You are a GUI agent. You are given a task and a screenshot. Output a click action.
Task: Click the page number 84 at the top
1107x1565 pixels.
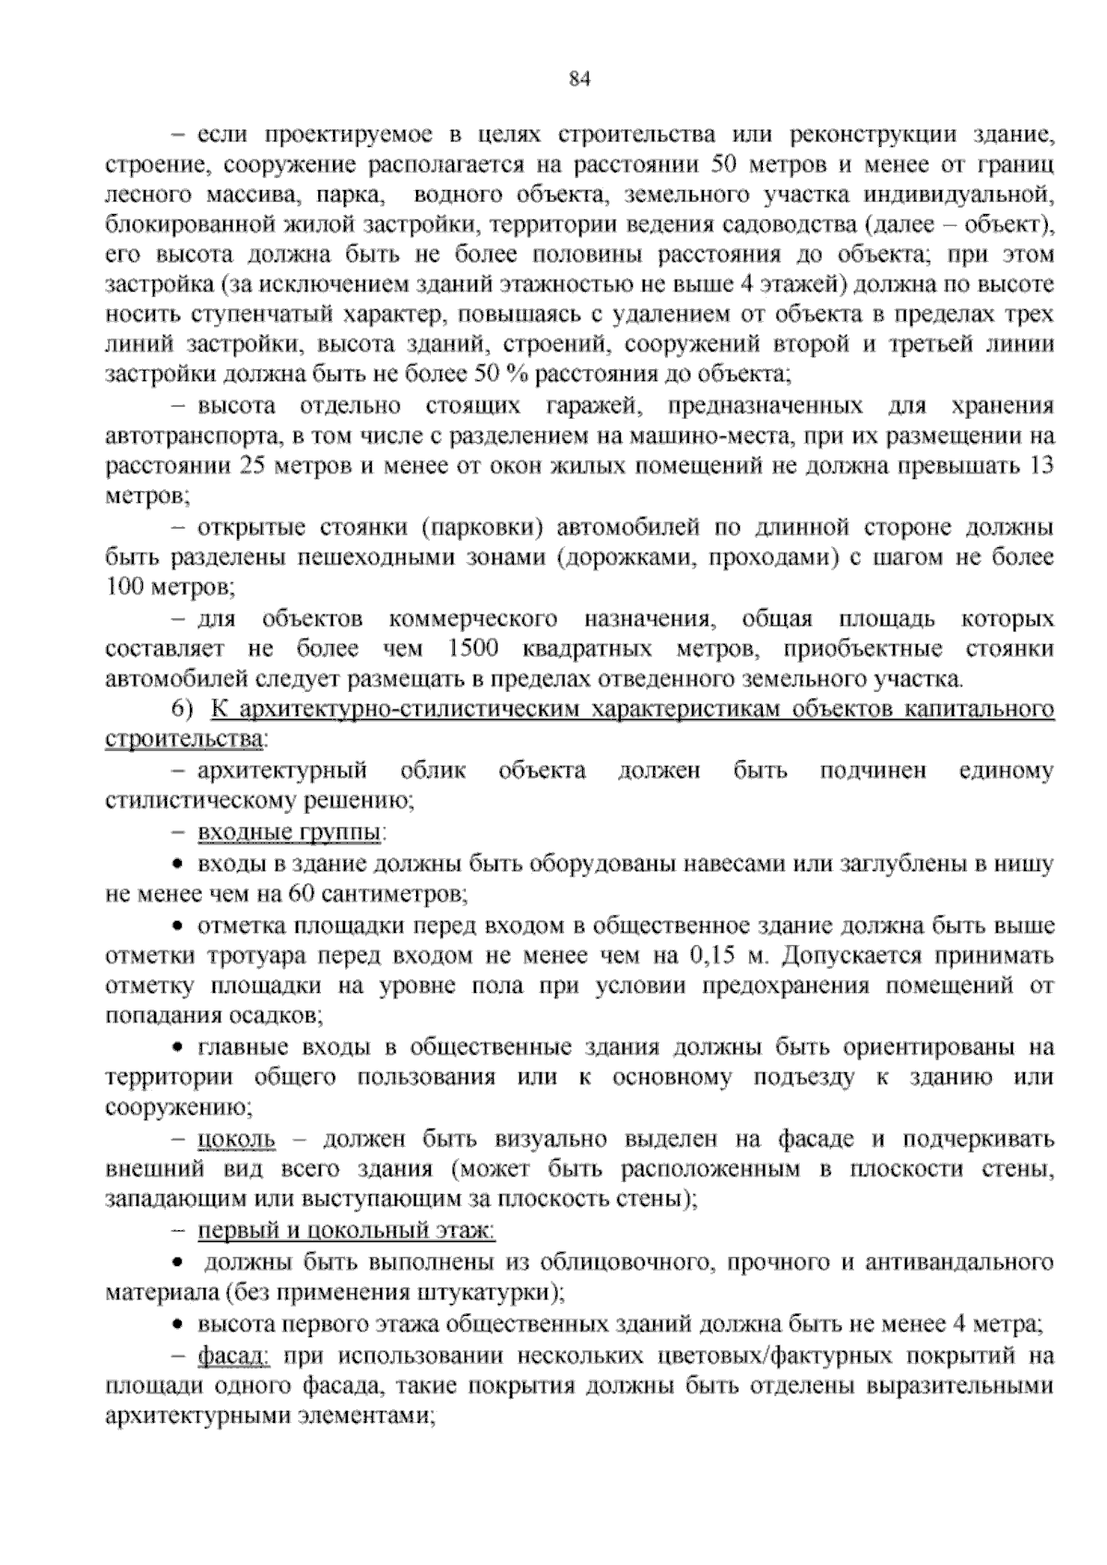pyautogui.click(x=579, y=79)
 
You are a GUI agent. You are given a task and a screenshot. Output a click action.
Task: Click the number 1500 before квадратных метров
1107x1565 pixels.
pyautogui.click(x=471, y=649)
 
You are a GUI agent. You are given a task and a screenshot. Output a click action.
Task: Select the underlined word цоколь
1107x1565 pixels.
pyautogui.click(x=236, y=1140)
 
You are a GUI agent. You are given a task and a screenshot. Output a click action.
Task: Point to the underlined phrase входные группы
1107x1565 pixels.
pyautogui.click(x=290, y=833)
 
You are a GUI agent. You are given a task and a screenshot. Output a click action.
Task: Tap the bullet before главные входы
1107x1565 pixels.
pyautogui.click(x=180, y=1048)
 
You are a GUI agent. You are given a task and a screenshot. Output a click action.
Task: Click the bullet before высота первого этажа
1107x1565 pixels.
pyautogui.click(x=180, y=1325)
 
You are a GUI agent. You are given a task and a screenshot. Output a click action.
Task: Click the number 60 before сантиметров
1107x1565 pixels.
pyautogui.click(x=302, y=894)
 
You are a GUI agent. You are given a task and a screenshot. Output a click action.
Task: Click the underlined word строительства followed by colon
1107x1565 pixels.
pyautogui.click(x=184, y=739)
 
